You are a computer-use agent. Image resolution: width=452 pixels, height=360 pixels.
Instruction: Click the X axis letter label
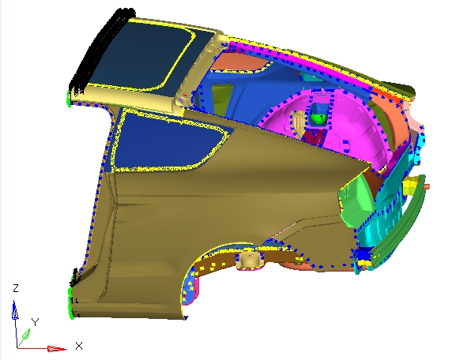pos(79,346)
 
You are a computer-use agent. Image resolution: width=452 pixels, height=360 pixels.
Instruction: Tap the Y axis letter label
pos(36,322)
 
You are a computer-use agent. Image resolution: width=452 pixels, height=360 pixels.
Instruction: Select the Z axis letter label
pos(16,288)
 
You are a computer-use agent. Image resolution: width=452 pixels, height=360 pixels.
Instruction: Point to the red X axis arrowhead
pos(57,349)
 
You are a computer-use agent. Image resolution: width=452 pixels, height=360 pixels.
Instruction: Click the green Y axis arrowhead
pos(26,335)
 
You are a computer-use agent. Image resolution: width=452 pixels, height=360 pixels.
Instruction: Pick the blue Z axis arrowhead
pos(15,310)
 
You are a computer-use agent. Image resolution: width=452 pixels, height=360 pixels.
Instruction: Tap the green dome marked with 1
pos(318,118)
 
